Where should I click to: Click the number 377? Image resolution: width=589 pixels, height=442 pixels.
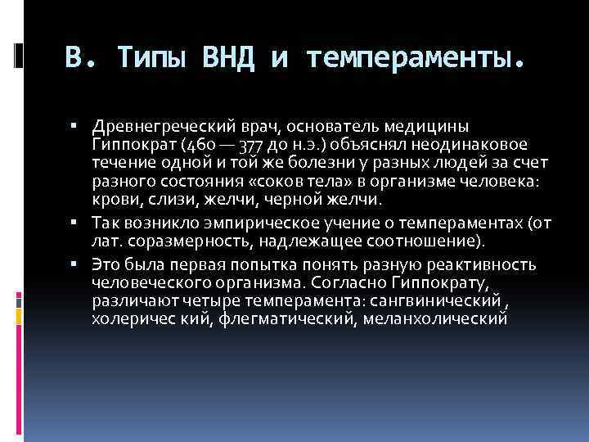point(253,147)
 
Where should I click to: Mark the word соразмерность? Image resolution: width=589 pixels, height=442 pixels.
point(175,241)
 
